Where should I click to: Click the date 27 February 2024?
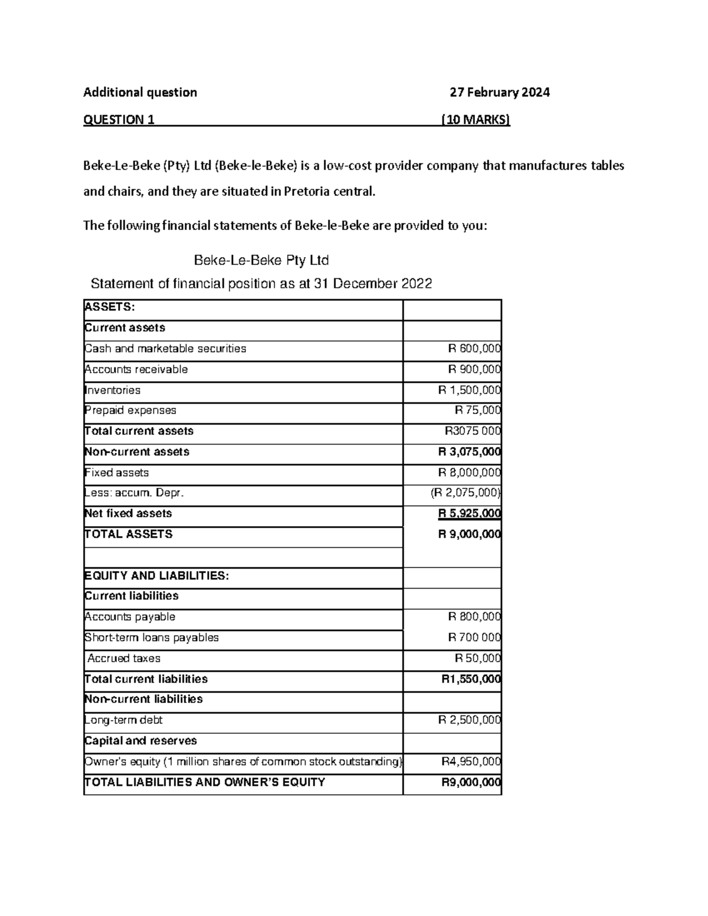(x=499, y=92)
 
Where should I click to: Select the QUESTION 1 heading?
(x=119, y=120)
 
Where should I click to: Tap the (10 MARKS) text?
(x=476, y=120)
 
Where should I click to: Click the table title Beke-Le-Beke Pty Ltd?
(x=261, y=260)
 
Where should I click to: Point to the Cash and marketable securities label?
(x=165, y=349)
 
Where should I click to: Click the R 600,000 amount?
(x=474, y=349)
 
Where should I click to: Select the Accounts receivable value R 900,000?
(x=474, y=369)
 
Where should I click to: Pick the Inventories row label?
(x=113, y=390)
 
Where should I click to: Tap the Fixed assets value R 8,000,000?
(x=470, y=472)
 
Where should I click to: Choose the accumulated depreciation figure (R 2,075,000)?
(x=466, y=493)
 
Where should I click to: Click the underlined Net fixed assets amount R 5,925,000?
(x=470, y=514)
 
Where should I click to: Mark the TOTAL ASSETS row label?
(x=129, y=534)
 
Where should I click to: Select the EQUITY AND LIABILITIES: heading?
(x=156, y=576)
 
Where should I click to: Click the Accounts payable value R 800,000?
(x=474, y=617)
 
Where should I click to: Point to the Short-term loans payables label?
(x=152, y=638)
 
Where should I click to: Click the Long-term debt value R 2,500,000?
(x=470, y=720)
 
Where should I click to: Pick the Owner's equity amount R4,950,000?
(x=471, y=761)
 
